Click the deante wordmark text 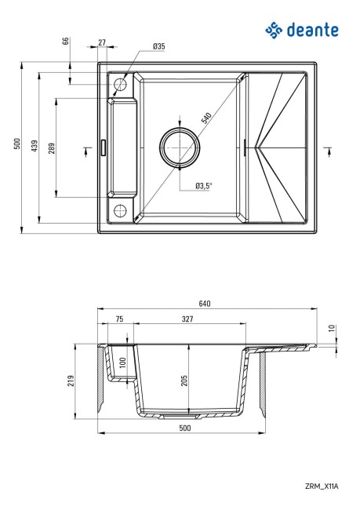click(312, 31)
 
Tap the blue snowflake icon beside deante click(274, 31)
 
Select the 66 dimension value click(66, 42)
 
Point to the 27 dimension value click(103, 42)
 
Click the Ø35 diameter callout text click(158, 47)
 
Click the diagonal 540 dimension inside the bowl click(205, 118)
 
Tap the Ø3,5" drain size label click(204, 186)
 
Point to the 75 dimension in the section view click(119, 320)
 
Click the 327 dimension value click(188, 320)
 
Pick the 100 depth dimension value click(122, 365)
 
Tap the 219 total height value click(70, 381)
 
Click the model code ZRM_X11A click(322, 486)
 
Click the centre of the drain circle click(181, 147)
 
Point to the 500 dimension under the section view click(184, 428)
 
